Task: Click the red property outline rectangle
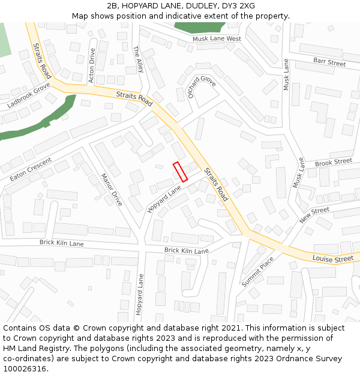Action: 181,172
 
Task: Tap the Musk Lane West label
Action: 217,39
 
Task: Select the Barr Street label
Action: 329,62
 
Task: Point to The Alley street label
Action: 139,59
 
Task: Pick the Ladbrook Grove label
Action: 28,95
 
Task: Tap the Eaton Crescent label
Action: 31,169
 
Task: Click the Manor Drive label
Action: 112,190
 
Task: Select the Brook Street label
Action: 333,163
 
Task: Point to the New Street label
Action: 314,214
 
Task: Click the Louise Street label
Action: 333,259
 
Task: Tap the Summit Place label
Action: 258,271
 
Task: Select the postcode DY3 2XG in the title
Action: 235,6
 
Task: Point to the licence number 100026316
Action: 24,369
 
